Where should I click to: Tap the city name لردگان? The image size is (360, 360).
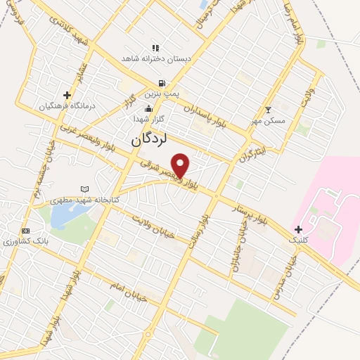[x=148, y=140]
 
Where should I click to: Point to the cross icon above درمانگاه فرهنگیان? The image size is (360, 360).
[x=67, y=95]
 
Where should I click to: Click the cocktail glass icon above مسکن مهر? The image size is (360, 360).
[x=267, y=110]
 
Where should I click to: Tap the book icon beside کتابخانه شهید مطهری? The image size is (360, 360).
[x=85, y=190]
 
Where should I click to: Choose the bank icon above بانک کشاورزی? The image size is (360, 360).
[x=26, y=231]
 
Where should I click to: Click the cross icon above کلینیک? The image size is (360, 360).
[x=299, y=229]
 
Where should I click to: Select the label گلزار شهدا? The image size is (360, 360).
[x=148, y=120]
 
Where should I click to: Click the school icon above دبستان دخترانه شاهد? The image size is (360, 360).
[x=155, y=48]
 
